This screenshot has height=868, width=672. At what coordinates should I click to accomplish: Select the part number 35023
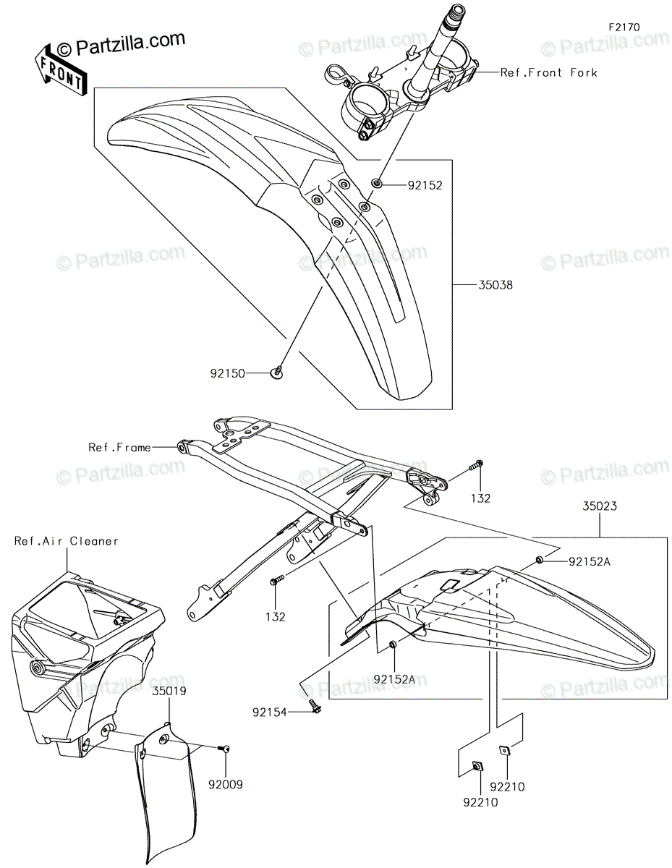point(600,506)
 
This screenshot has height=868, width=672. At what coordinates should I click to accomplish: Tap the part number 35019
point(169,691)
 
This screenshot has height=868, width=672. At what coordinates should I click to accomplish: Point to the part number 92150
point(228,373)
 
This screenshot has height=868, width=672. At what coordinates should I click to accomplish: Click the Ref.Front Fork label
point(548,73)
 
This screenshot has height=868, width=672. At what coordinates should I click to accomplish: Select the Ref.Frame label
point(120,447)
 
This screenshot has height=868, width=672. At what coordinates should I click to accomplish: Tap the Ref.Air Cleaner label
point(67,541)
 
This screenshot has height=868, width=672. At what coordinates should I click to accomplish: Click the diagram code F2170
point(624,27)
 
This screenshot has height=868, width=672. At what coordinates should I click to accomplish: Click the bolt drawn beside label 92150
point(277,373)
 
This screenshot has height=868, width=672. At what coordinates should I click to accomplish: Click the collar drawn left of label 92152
point(376,184)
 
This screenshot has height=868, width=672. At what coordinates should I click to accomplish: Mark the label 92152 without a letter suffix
point(425,185)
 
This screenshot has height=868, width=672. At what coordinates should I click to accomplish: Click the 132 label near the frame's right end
point(480,498)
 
